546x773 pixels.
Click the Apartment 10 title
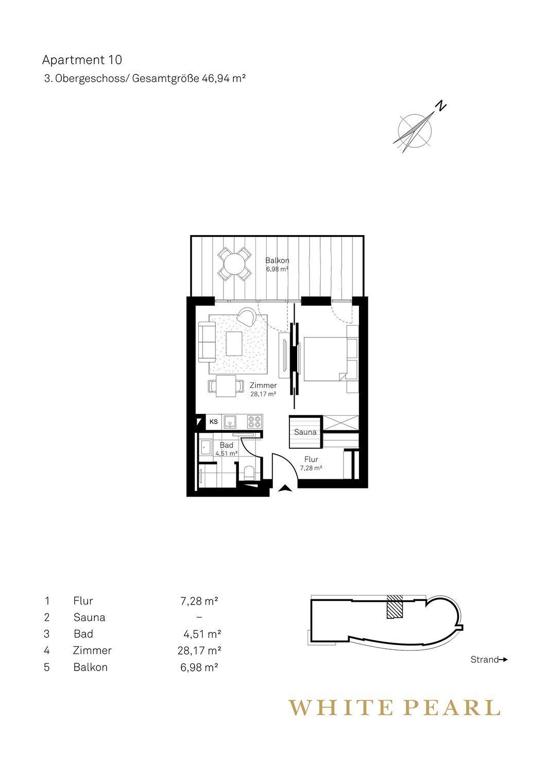coord(82,60)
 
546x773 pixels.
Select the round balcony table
coord(234,264)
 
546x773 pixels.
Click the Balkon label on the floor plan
coord(277,261)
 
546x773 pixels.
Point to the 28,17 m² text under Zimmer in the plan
coord(263,394)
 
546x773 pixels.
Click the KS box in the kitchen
coord(213,422)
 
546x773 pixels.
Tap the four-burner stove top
coord(254,422)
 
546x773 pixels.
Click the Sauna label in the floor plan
coord(305,432)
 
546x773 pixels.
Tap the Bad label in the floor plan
coord(226,445)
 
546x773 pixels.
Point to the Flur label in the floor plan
coord(311,459)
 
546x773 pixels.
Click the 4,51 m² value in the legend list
coord(202,634)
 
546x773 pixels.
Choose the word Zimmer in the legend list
coord(92,650)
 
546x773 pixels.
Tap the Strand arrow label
coord(489,660)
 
